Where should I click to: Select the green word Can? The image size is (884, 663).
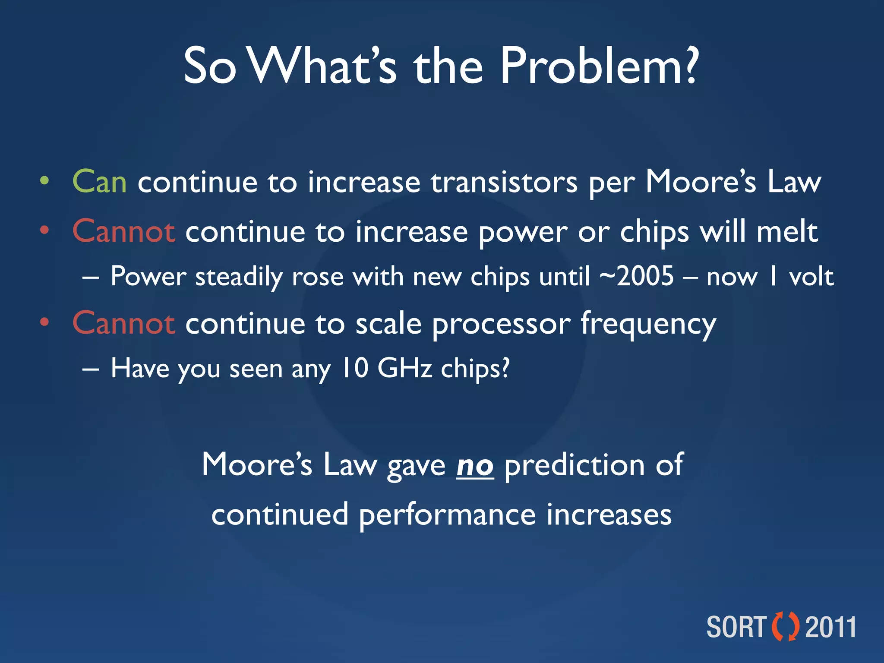[x=100, y=182]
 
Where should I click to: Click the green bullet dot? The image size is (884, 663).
[x=44, y=181]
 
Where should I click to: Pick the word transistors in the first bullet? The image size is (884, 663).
[x=504, y=182]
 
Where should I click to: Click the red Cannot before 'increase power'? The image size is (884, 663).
[x=124, y=231]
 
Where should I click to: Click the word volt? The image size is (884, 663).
[x=811, y=277]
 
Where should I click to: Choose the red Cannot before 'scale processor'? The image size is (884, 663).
[x=124, y=323]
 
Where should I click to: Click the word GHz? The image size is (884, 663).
[x=404, y=368]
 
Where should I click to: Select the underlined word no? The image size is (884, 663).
[x=475, y=466]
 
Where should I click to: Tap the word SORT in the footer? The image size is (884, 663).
[x=736, y=627]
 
